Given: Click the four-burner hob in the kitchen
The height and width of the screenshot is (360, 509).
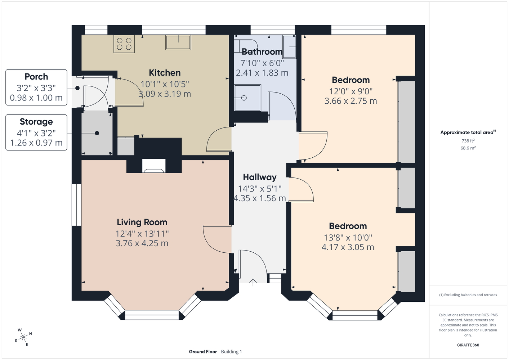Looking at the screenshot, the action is (x=124, y=44).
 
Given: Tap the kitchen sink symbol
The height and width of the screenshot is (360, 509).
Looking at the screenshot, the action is (x=178, y=42).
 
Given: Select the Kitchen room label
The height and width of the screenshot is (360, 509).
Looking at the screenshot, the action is (x=165, y=73).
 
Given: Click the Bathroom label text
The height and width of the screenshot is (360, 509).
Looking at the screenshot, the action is (x=262, y=52).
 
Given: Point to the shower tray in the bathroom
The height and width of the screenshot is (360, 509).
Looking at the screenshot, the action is (x=247, y=98).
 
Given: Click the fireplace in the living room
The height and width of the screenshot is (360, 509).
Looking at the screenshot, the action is (x=154, y=166).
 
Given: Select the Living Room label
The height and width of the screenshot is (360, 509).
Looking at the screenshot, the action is (x=142, y=222).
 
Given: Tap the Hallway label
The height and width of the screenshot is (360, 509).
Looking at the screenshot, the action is (x=260, y=177).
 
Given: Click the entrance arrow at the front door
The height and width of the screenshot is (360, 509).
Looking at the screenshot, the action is (x=253, y=282).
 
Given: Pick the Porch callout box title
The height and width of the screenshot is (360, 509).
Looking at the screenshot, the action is (x=36, y=77).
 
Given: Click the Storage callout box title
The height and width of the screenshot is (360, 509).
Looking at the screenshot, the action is (x=36, y=122).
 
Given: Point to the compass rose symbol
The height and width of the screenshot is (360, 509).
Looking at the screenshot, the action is (x=23, y=337).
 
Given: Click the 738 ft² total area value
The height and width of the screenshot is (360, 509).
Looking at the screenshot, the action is (x=468, y=141).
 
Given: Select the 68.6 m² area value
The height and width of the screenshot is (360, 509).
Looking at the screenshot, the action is (x=468, y=148).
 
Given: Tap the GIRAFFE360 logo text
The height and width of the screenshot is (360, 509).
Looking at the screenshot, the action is (x=468, y=345).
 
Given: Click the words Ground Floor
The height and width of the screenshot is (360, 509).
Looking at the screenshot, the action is (x=203, y=352).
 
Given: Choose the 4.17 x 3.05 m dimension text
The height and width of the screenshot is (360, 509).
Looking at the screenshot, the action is (x=348, y=247).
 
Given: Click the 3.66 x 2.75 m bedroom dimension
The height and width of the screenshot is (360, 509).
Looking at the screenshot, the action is (x=351, y=101).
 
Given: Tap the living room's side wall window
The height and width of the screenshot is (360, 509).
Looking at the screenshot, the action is (x=77, y=204).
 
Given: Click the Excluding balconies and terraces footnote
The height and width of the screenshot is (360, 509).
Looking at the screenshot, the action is (x=468, y=295).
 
